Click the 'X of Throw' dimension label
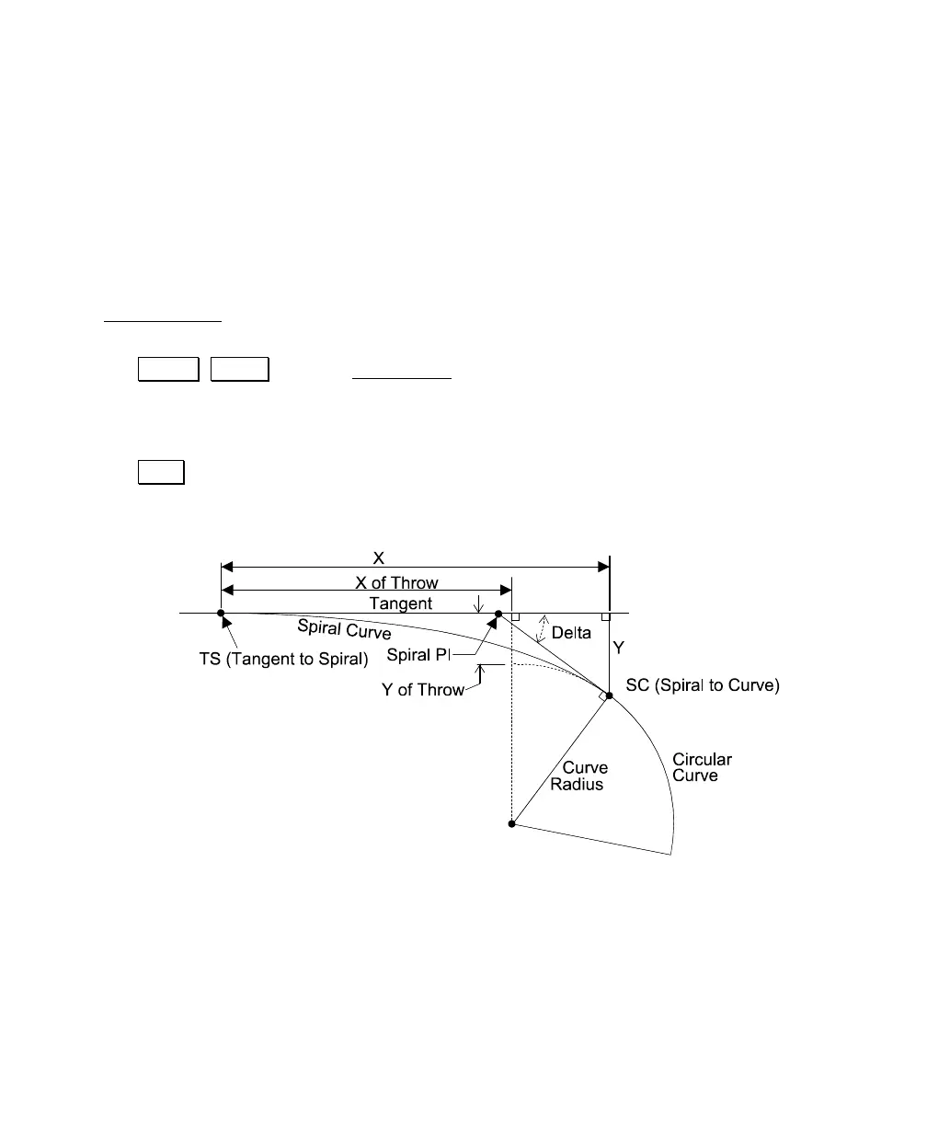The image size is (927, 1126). tap(396, 583)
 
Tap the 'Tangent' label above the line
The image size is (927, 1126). tap(400, 603)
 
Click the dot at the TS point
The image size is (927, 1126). tap(221, 613)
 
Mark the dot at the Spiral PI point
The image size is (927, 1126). tap(498, 613)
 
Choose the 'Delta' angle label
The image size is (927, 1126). tap(570, 633)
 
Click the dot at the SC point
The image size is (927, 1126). tap(609, 695)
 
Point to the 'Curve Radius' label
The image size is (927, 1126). tap(583, 776)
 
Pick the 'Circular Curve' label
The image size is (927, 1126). tap(702, 767)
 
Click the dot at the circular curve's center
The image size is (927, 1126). tap(511, 824)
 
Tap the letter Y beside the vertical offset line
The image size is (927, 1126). tap(619, 649)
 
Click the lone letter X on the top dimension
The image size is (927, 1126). tap(378, 558)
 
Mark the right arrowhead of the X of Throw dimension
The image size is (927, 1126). tap(505, 590)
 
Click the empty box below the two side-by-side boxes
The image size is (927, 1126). tap(161, 471)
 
